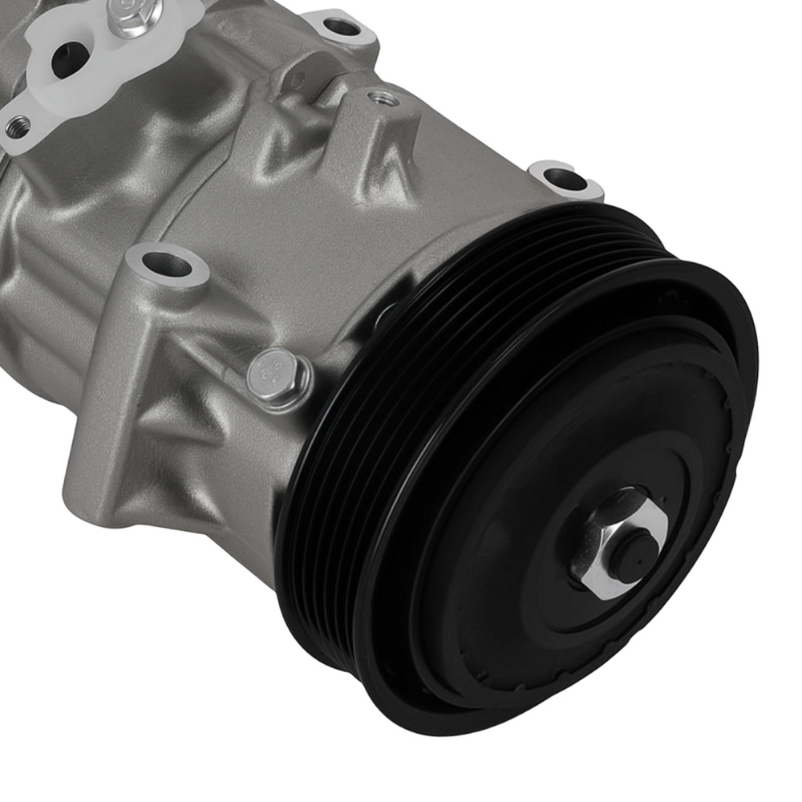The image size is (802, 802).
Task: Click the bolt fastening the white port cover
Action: point(132,15)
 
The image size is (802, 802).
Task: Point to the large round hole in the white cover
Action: point(69,60)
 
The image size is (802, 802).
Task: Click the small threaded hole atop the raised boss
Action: point(383,99)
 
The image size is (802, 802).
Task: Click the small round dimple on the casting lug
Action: point(297,81)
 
